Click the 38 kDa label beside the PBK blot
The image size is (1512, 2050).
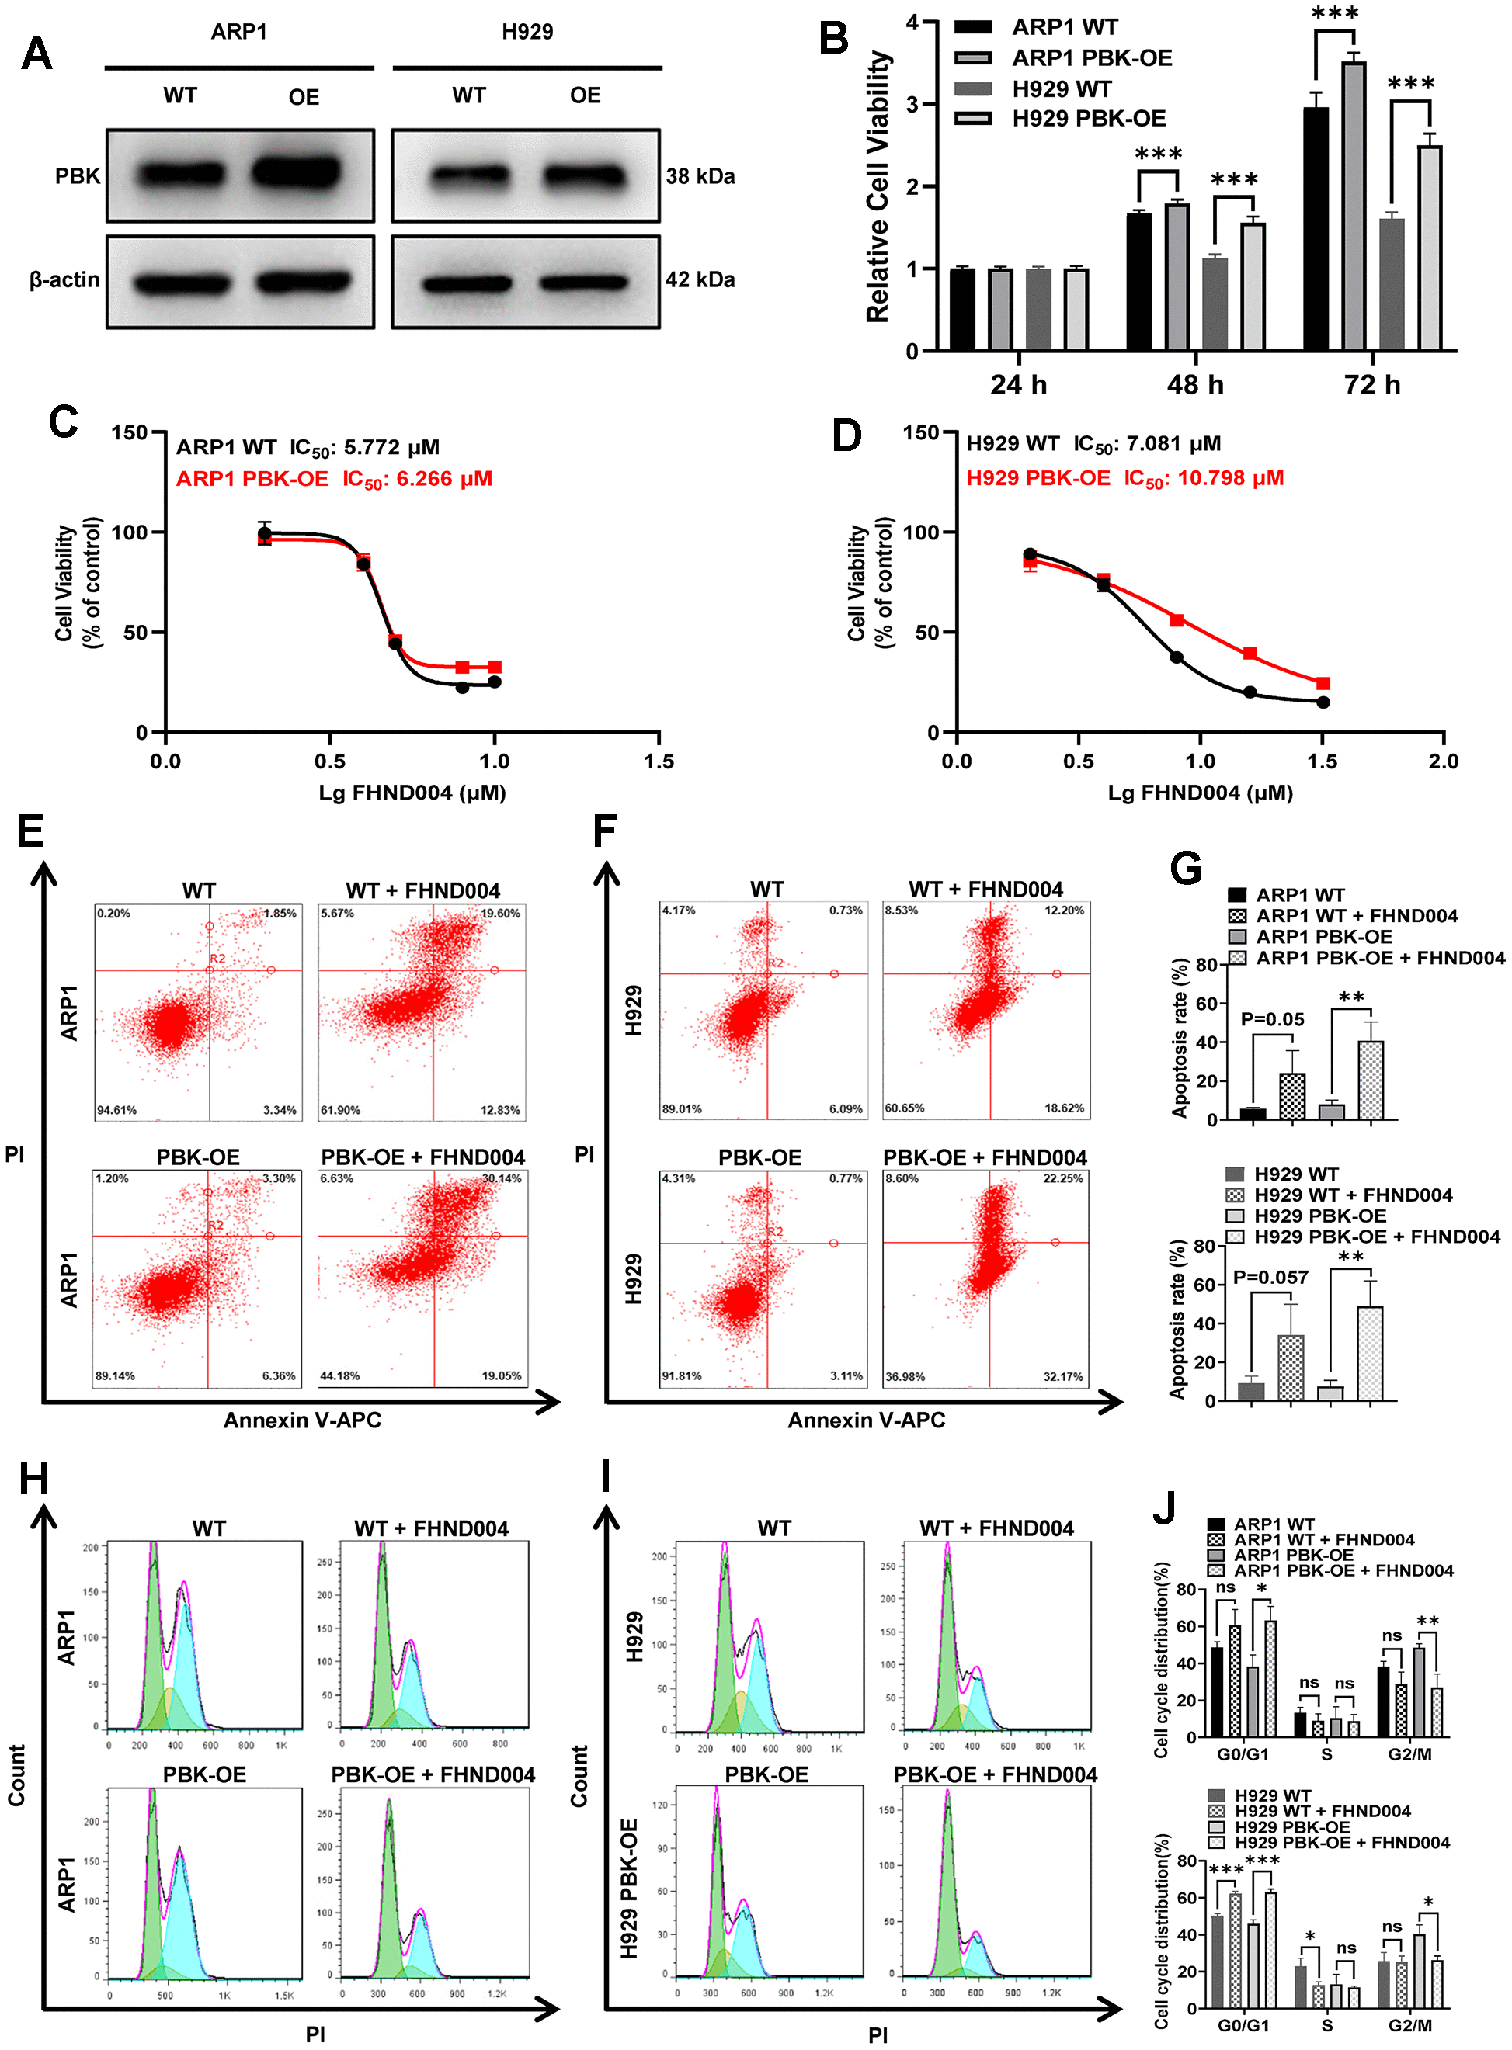click(x=700, y=175)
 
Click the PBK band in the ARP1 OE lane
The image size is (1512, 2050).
click(x=297, y=173)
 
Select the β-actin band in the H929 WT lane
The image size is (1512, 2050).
click(x=466, y=283)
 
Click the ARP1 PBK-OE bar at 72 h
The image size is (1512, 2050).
click(x=1354, y=206)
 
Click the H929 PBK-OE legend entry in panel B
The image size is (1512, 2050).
click(x=1088, y=119)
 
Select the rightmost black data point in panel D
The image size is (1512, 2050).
click(x=1323, y=702)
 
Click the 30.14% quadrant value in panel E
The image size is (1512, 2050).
click(x=502, y=1178)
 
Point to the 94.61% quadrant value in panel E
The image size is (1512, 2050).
click(x=117, y=1110)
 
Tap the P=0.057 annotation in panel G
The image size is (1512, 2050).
click(x=1270, y=1277)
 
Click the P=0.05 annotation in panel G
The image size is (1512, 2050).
click(x=1272, y=1019)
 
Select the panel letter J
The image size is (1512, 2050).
click(x=1164, y=1507)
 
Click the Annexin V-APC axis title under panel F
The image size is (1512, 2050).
click(x=866, y=1420)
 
